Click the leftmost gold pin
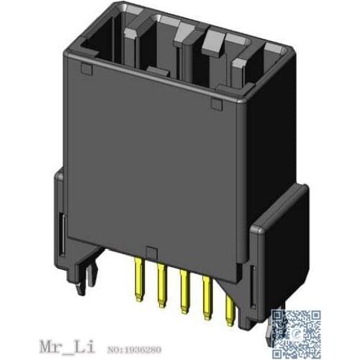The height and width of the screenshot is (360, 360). point(137,281)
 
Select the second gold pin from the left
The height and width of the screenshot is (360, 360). point(160,284)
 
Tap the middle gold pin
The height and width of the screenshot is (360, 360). point(184,288)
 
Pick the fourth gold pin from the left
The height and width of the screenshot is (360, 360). point(206,292)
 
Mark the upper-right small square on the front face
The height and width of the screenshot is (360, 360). point(215,107)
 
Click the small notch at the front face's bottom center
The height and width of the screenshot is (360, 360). point(149,250)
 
